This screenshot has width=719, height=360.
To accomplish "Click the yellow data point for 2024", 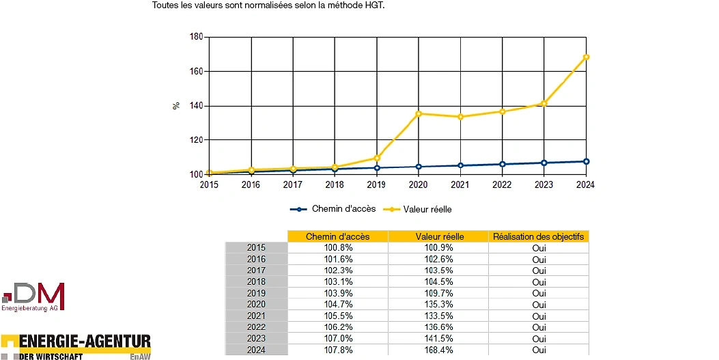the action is pos(586,57).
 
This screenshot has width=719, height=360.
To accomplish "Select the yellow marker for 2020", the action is pos(419,113).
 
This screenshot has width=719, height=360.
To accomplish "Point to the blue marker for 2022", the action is pos(503,164).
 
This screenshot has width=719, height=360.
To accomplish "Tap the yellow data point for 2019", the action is pos(377,158).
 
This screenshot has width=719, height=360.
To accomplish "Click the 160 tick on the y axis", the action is pos(196,72).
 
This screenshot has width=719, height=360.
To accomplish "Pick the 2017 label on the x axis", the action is pos(292,185).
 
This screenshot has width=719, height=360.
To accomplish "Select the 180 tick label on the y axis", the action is pos(196,37).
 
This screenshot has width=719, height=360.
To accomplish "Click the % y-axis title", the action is pos(176,105).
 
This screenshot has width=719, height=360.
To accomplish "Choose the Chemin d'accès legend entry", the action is pos(333,209).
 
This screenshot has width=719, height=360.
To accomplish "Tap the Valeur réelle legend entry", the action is pos(417,210).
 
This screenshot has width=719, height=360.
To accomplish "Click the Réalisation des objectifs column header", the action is pos(538,236).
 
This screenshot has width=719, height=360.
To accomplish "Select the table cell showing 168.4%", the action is pos(438,350).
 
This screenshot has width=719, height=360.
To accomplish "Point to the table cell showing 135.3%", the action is pos(438,305).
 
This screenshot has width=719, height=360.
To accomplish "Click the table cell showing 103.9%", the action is pos(338,293).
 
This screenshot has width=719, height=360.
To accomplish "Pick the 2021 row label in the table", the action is pos(256,316).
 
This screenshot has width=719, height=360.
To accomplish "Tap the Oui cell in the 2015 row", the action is pos(539,248).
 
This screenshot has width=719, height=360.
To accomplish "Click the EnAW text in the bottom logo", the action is pos(139,357).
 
